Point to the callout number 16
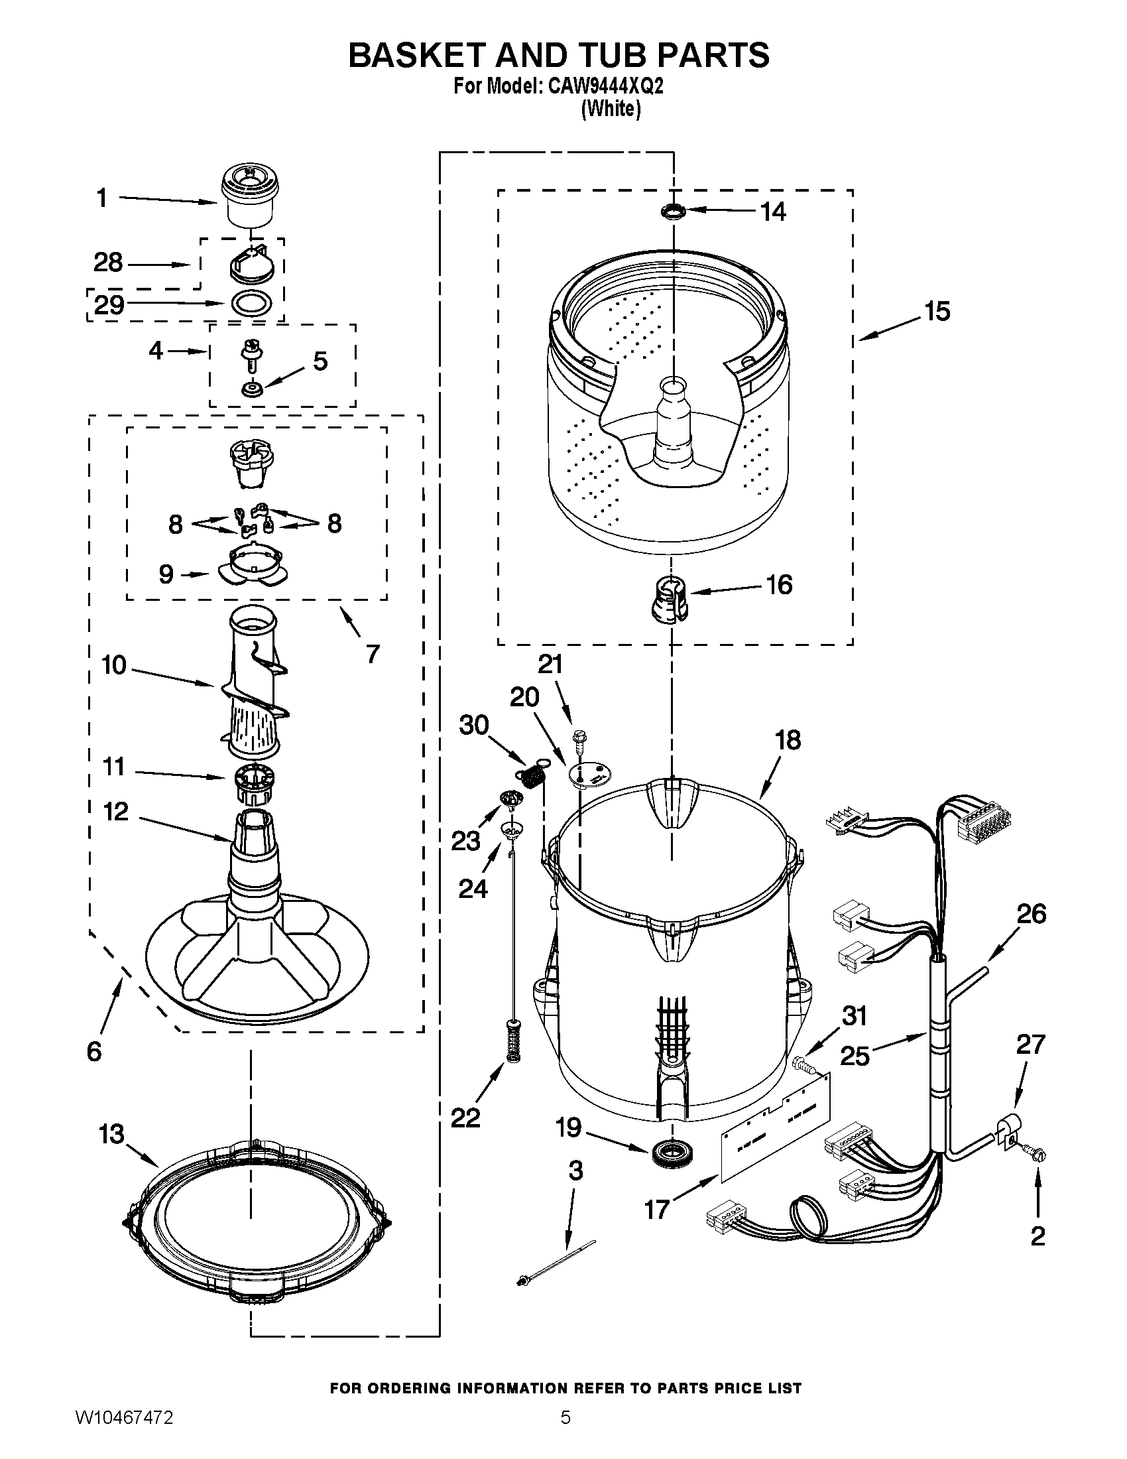(778, 584)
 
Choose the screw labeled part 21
(578, 739)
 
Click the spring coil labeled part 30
(532, 777)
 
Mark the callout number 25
(855, 1056)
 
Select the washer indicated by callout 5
(253, 389)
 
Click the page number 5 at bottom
(565, 1431)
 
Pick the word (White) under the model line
(610, 109)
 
